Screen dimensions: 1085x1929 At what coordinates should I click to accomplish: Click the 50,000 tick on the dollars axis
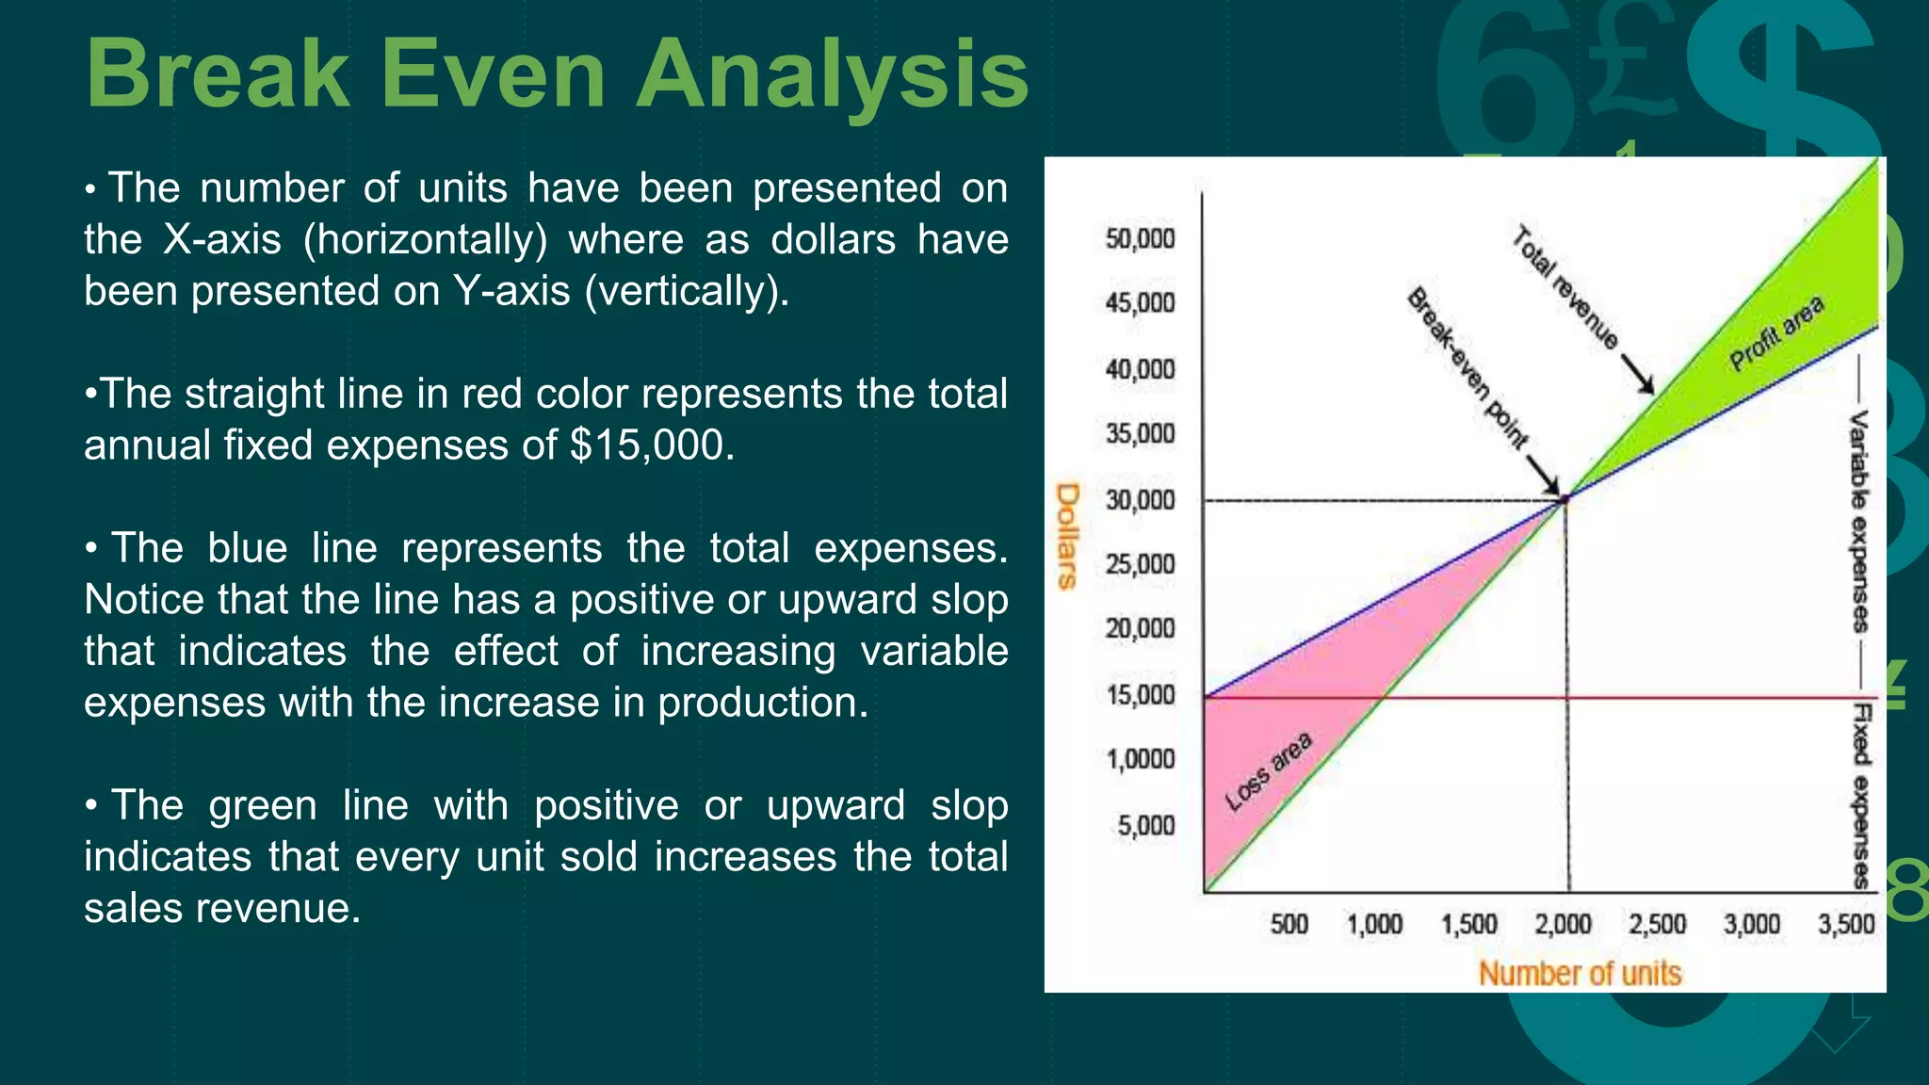click(1140, 239)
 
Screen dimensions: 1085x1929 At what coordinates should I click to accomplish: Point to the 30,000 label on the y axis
click(1140, 500)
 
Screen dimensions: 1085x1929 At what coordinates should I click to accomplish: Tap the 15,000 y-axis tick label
click(1140, 695)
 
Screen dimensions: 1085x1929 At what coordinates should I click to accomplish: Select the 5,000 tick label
click(1145, 826)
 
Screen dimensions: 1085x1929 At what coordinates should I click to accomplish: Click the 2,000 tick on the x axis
click(1563, 924)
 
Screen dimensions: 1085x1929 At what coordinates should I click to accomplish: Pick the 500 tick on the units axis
click(1289, 924)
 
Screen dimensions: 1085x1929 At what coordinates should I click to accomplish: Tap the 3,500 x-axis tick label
click(1846, 924)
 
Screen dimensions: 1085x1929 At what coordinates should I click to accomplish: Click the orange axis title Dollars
click(1067, 536)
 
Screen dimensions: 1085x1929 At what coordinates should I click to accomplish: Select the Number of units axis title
click(1580, 973)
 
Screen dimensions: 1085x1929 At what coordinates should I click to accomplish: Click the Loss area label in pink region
click(1268, 771)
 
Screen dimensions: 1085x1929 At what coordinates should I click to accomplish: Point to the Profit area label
click(1776, 333)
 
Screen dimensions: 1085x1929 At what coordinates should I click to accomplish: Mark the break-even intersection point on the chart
click(1565, 498)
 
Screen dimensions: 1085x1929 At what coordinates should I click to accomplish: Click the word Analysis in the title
click(833, 75)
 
